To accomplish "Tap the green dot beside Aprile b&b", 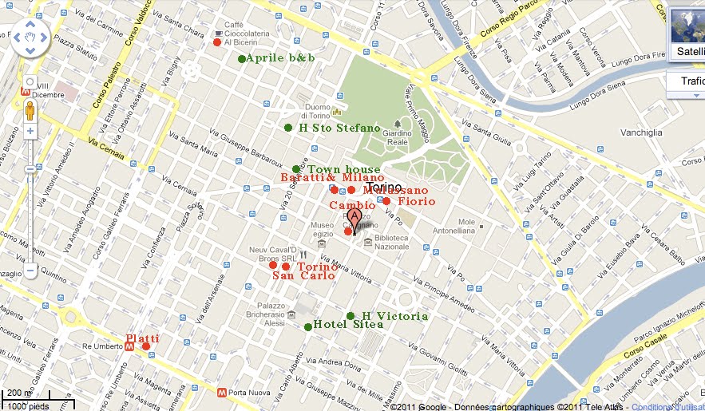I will pos(242,59).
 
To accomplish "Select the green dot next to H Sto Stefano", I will pos(288,128).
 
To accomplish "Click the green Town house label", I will pos(344,169).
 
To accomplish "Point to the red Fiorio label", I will pos(417,202).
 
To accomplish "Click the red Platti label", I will pos(142,338).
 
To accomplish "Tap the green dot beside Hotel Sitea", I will pos(308,326).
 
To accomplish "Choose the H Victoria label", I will pos(394,316).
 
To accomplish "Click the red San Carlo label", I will pos(303,276).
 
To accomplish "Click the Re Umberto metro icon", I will pos(129,347).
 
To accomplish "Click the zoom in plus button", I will pos(30,130).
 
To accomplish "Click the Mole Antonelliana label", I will pos(477,227).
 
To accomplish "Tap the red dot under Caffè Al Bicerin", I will pos(216,42).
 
